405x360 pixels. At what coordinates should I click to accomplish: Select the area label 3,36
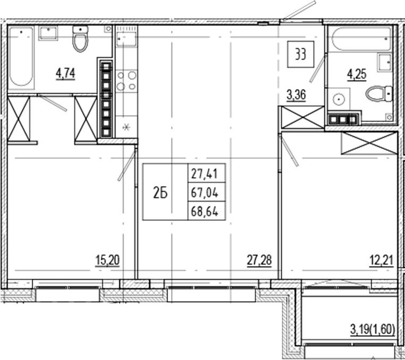point(296,95)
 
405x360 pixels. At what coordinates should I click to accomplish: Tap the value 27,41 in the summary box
point(205,173)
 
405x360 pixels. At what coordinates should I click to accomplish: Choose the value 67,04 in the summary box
point(205,192)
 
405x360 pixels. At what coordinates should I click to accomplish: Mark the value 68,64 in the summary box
point(205,212)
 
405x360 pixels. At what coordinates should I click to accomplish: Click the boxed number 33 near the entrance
point(300,55)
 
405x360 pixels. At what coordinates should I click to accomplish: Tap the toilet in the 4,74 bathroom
point(80,39)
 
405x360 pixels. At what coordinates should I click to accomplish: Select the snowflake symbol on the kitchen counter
point(126,127)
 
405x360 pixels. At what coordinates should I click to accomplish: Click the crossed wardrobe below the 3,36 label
point(302,117)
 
